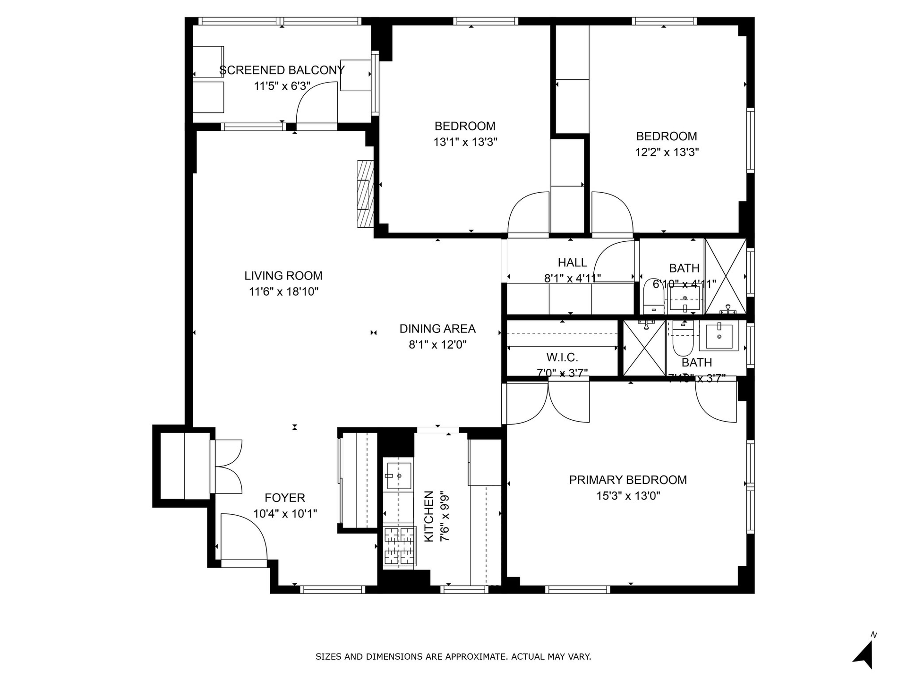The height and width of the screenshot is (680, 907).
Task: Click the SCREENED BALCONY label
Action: (282, 70)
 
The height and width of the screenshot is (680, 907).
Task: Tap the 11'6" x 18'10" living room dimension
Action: (283, 292)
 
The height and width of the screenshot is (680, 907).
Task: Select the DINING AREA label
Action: (437, 329)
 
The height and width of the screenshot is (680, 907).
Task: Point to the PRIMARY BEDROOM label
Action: (627, 480)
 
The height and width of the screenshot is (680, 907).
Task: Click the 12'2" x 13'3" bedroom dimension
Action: (667, 152)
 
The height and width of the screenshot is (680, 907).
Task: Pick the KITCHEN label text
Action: (429, 516)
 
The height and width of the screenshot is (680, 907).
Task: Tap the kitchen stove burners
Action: (400, 546)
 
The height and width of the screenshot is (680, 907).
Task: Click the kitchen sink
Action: (399, 476)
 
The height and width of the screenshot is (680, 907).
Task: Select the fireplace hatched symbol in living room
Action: (365, 194)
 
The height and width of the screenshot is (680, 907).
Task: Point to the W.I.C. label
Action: (562, 357)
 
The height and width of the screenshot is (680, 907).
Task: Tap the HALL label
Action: (572, 263)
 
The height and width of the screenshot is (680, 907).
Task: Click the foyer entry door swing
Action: (243, 538)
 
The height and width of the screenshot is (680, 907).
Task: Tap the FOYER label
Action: (285, 498)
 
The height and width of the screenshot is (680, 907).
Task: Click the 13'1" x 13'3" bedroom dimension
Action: (465, 142)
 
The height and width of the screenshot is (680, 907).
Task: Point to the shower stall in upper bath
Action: (725, 276)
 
